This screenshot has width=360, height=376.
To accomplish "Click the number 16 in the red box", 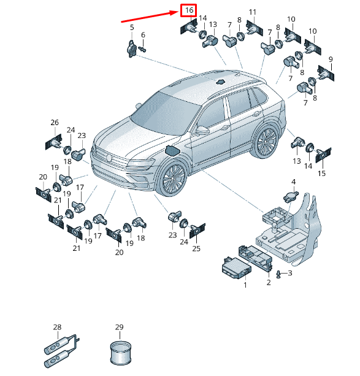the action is point(189,10).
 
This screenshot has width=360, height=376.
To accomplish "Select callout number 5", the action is point(132,28).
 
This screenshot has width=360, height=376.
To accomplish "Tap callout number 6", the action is point(143,35).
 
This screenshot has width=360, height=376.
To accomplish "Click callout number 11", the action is point(252,12).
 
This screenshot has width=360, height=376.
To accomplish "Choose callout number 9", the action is point(331,59).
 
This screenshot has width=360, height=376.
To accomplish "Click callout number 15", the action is point(321,173).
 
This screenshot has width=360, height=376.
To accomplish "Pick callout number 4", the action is point(294,182).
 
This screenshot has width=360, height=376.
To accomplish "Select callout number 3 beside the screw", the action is point(290,273).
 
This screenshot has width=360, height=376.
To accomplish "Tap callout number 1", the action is point(245,285).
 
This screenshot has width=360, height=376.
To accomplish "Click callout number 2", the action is point(269,282).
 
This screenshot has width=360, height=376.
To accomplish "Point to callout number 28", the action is point(57,327).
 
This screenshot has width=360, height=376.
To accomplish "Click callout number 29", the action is point(119,327).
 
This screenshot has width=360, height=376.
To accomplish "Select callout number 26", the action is point(55,122).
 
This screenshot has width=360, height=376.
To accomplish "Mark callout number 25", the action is point(196,248).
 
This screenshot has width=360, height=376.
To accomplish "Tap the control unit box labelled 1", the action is point(236,268).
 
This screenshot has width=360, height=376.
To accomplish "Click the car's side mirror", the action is point(202,130).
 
